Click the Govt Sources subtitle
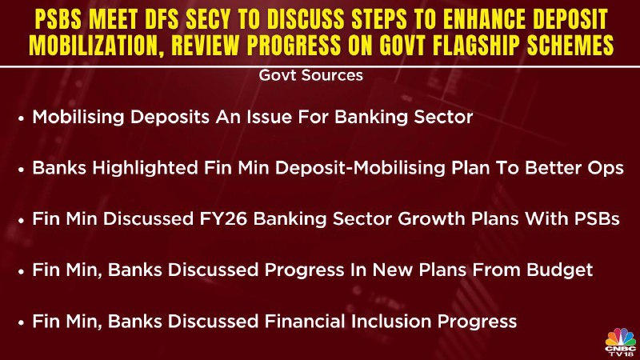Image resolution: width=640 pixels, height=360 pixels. tap(310, 75)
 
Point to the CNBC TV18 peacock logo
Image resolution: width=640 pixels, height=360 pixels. tap(621, 342)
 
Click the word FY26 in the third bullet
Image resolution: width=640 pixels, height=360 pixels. tap(223, 218)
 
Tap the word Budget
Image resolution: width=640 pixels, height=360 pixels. tap(559, 270)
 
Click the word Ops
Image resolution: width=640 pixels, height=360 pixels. tap(607, 168)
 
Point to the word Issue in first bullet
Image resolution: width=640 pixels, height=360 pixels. tap(269, 117)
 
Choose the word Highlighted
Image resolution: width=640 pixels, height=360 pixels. tap(145, 168)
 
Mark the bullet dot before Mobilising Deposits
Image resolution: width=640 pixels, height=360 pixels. tap(22, 118)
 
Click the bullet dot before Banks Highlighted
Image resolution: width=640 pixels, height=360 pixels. tap(22, 170)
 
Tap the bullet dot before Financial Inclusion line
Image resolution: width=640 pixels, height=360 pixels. tap(22, 323)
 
